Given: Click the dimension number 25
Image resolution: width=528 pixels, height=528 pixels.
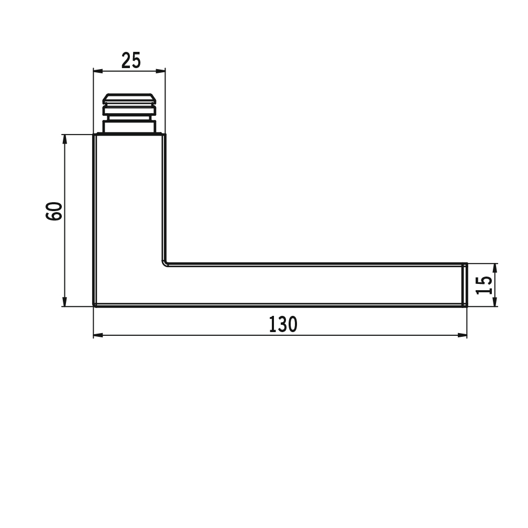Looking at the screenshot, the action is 131,61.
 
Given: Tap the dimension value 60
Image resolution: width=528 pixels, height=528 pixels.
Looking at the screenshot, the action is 54,211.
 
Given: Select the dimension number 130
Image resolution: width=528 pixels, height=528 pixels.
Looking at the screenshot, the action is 283,324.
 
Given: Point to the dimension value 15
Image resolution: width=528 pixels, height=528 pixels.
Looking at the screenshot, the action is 484,285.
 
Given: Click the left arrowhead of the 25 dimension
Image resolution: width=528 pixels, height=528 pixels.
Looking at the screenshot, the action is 97,71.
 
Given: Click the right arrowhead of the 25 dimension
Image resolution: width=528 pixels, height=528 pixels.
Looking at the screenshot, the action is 161,71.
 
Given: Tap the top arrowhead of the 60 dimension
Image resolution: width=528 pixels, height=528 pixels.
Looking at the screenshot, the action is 65,139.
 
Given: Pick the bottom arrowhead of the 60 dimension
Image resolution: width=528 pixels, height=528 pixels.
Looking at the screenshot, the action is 65,302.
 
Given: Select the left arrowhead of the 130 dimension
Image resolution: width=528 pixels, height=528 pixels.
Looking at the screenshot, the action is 98,335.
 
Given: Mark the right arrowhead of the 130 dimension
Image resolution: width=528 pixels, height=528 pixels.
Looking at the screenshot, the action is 463,335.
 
